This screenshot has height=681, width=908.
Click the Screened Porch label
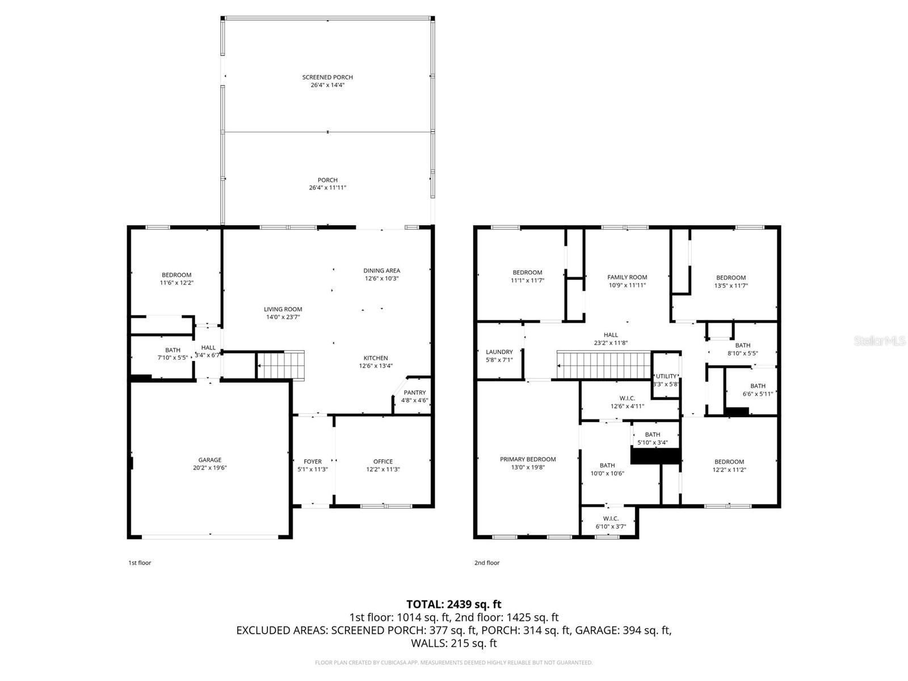click(327, 77)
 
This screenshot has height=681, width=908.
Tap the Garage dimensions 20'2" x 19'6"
click(210, 468)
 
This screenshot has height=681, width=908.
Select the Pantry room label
click(414, 393)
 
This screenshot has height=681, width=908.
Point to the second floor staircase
click(603, 365)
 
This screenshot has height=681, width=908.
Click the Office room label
click(383, 461)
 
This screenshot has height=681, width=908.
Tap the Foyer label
click(313, 461)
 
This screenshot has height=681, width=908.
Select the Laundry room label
click(499, 352)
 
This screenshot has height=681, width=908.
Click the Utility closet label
click(666, 376)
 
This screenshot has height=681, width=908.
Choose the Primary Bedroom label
click(528, 459)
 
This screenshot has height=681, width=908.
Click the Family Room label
click(627, 278)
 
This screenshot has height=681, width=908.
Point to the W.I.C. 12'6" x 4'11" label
click(627, 398)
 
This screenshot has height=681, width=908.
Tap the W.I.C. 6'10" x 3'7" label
click(611, 519)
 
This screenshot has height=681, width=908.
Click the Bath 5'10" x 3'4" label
click(652, 435)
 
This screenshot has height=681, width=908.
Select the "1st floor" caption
click(140, 563)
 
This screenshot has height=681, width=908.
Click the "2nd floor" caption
click(487, 563)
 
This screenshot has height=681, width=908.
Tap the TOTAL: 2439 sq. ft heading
click(453, 604)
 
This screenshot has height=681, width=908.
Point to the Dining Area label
click(381, 271)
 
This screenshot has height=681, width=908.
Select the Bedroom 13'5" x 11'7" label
click(730, 278)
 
